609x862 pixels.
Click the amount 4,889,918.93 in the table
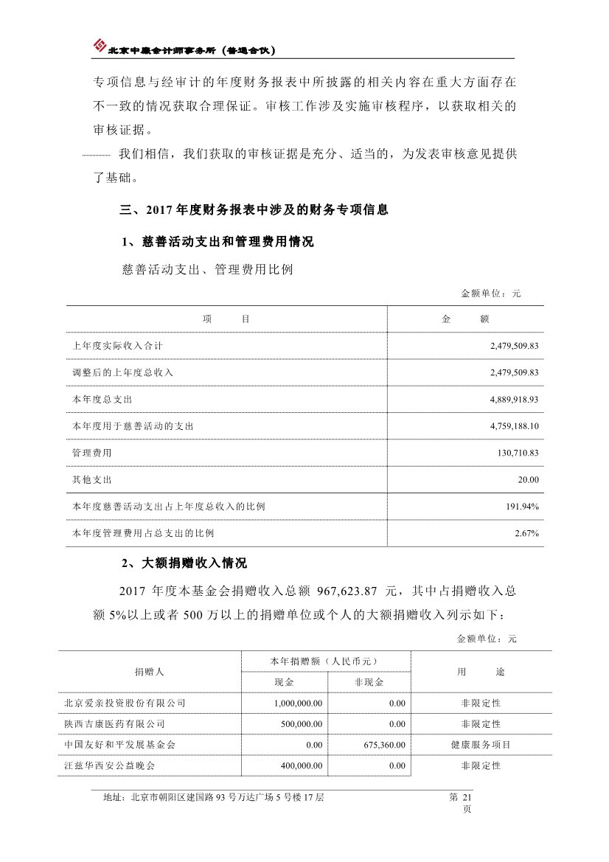[x=514, y=399]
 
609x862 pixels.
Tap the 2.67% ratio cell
[x=526, y=533]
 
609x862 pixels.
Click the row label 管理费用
[x=92, y=453]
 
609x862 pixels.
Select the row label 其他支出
[x=92, y=479]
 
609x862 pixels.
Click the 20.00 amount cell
[x=528, y=479]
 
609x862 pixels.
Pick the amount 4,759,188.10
[x=514, y=426]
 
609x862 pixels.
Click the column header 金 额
[x=465, y=319]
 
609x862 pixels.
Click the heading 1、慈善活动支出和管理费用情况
[x=217, y=242]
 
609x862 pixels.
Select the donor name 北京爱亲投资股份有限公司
[x=125, y=703]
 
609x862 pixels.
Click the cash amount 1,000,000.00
[x=298, y=703]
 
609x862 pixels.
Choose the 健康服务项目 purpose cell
[x=481, y=745]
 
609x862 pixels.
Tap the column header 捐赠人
[x=149, y=672]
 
